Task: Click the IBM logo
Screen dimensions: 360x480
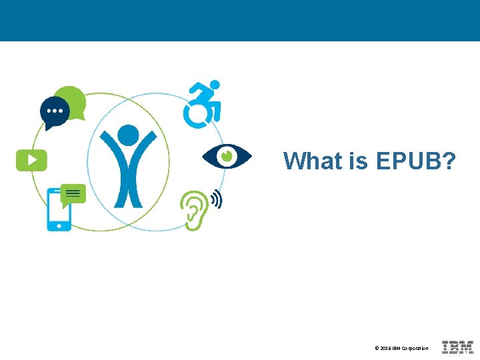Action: (457, 347)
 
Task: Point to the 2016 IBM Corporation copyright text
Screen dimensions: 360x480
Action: (401, 349)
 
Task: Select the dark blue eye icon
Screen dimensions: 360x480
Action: (227, 156)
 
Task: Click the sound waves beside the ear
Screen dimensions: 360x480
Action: (216, 199)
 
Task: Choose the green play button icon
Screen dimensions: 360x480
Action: (31, 160)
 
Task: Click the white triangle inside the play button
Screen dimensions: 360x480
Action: (32, 160)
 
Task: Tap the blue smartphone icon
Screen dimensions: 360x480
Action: (59, 210)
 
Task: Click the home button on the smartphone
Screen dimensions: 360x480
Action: (59, 226)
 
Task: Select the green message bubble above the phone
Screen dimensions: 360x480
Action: (73, 194)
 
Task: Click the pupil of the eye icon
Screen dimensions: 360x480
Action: (227, 156)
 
